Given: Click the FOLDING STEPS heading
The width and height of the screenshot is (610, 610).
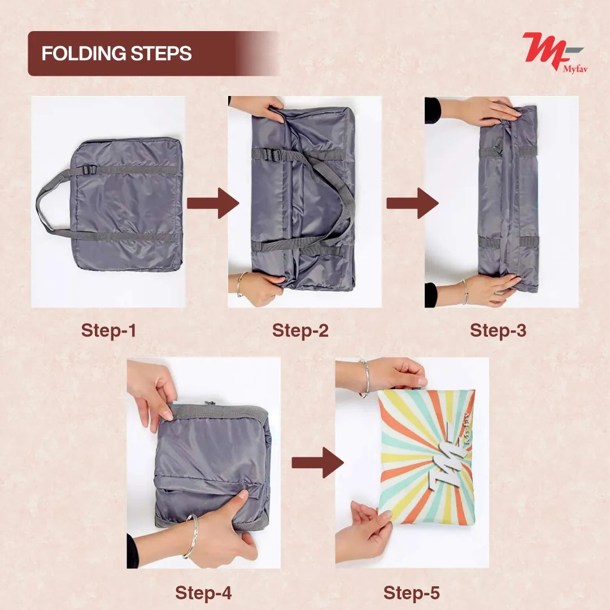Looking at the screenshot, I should coord(116,54).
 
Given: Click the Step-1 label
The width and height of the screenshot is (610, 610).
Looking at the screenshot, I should coord(108,330).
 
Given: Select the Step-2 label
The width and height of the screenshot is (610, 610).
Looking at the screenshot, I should coord(300,330).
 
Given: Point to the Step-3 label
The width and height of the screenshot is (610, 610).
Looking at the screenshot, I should coord(498,330).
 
